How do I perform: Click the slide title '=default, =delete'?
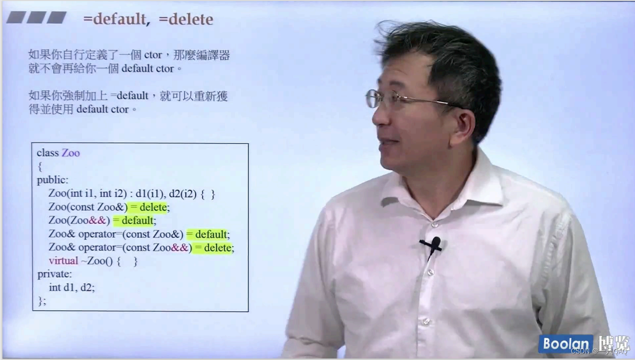(148, 19)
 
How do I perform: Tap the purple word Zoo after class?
(71, 153)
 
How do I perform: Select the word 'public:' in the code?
(53, 180)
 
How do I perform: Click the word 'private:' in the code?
(55, 274)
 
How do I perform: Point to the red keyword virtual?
(63, 261)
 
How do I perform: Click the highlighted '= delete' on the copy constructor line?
(150, 207)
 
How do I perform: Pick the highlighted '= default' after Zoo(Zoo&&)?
(134, 220)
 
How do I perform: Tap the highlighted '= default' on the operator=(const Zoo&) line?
(208, 234)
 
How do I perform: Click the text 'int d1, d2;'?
(72, 287)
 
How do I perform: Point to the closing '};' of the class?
(42, 301)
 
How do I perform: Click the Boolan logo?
(566, 344)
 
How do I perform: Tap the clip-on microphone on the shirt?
(435, 244)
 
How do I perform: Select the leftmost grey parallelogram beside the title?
(16, 18)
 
